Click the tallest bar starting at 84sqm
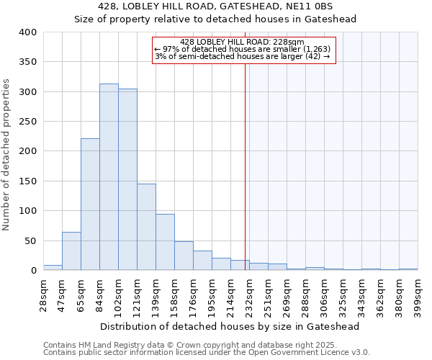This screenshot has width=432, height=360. point(109,177)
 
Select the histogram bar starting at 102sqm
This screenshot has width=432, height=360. point(127,180)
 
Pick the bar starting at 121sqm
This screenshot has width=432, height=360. point(146,228)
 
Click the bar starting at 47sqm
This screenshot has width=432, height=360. point(71,251)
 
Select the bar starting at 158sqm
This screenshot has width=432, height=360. point(184,256)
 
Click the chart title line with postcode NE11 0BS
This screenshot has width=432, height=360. point(216,6)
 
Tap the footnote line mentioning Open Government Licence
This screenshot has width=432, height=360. point(207,352)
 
